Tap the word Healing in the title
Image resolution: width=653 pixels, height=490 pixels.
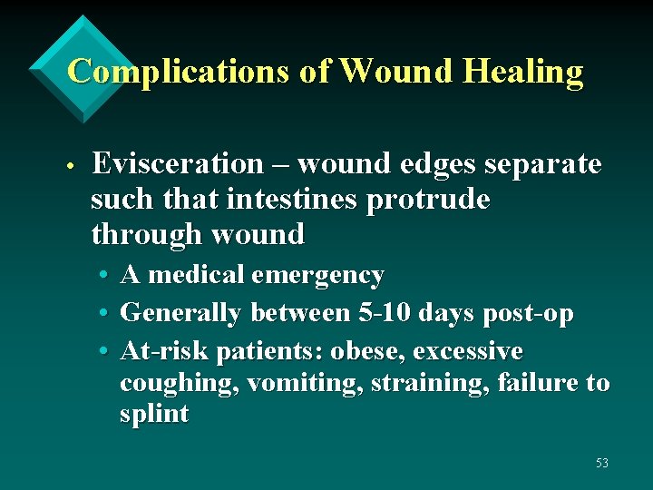pyautogui.click(x=525, y=71)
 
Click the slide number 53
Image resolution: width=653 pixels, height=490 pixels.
pyautogui.click(x=602, y=464)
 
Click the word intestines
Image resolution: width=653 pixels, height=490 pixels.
pyautogui.click(x=296, y=200)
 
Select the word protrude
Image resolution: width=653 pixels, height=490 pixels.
pyautogui.click(x=428, y=200)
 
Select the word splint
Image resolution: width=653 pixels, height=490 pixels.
pyautogui.click(x=154, y=415)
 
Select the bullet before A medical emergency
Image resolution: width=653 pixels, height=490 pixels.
pyautogui.click(x=107, y=276)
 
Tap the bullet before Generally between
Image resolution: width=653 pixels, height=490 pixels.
pyautogui.click(x=107, y=314)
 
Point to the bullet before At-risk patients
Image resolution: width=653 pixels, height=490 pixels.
pyautogui.click(x=107, y=352)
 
